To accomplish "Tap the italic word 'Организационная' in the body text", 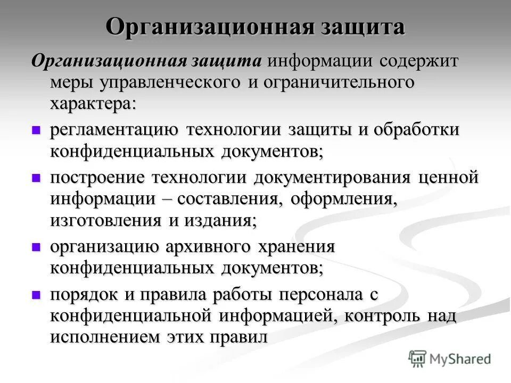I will coord(108,61).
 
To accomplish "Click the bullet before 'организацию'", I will coord(36,246).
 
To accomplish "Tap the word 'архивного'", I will coord(208,247).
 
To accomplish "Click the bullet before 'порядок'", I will coord(36,294).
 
